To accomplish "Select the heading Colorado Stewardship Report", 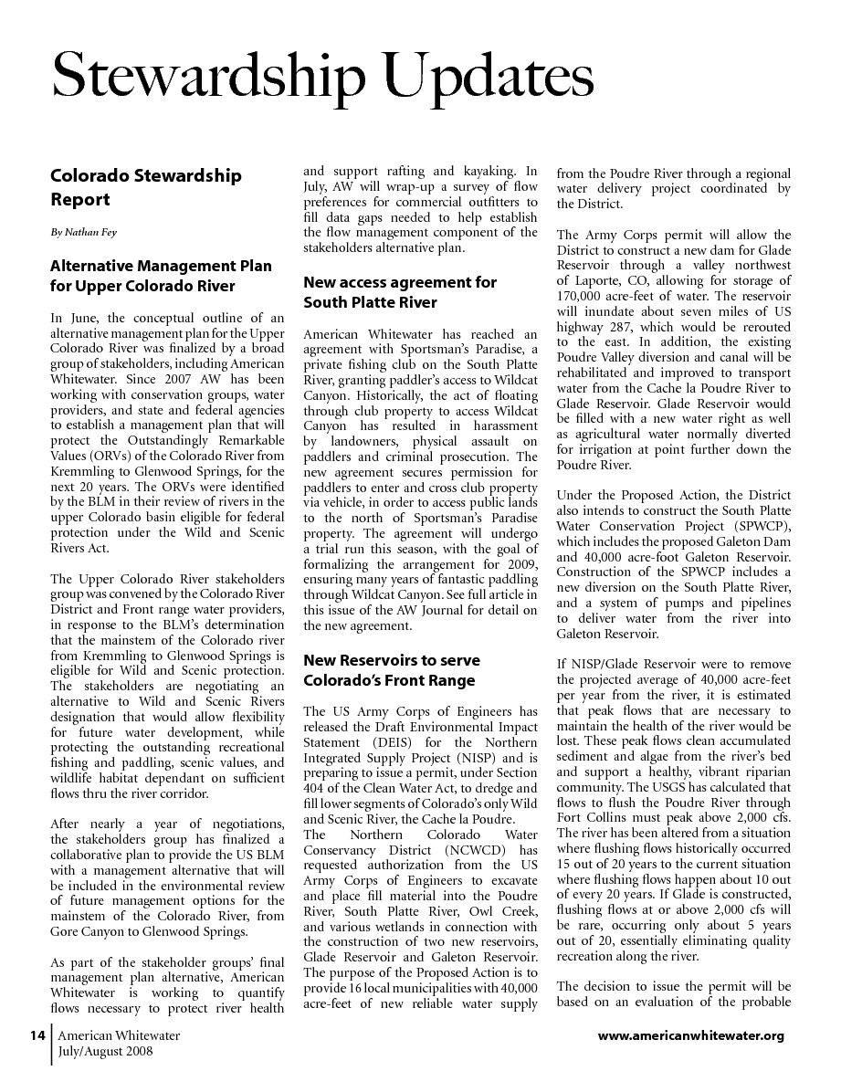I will [146, 187].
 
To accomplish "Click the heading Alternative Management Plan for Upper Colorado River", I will [161, 276].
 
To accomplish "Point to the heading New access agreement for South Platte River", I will [400, 292].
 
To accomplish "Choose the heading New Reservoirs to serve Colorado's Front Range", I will [391, 670].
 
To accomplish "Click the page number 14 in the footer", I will [37, 1035].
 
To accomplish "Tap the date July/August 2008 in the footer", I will [105, 1051].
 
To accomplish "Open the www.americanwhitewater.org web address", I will [690, 1035].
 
